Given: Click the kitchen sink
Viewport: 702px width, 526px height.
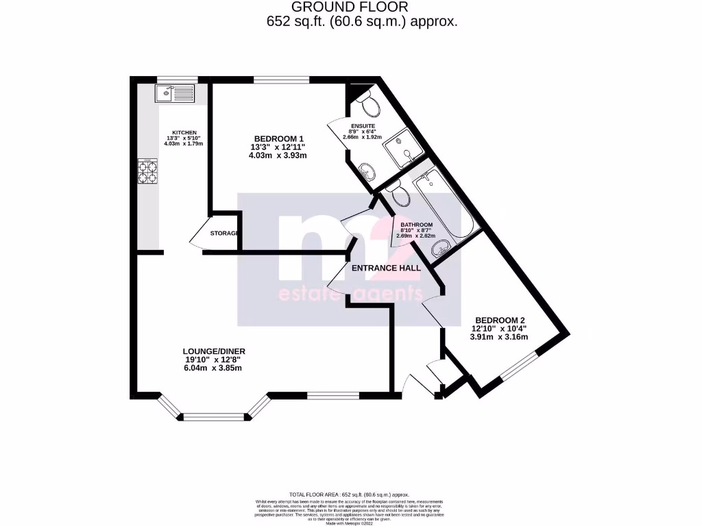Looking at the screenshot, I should click(x=175, y=92).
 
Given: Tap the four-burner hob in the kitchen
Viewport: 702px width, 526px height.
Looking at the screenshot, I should click(x=148, y=171).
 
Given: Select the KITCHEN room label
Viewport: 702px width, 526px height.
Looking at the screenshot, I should click(x=184, y=132).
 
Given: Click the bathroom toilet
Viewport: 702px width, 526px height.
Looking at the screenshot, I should click(x=401, y=195).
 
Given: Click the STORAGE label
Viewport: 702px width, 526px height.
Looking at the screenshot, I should click(x=223, y=234).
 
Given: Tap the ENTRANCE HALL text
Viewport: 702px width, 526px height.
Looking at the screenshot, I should click(x=385, y=268).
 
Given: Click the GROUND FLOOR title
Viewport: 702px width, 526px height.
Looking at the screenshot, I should click(x=350, y=7).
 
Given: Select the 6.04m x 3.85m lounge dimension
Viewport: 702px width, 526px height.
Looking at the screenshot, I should click(x=213, y=368).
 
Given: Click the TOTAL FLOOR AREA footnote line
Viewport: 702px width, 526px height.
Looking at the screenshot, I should click(x=349, y=494).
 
